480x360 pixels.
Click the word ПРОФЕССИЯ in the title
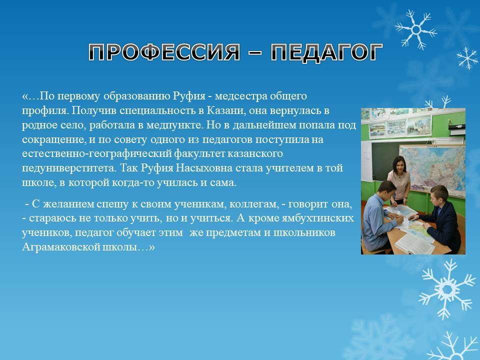point(164,52)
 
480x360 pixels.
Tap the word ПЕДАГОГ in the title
point(327,52)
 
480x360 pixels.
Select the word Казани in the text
point(226,110)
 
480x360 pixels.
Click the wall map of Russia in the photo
point(432,169)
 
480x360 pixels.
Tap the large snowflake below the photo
point(447,289)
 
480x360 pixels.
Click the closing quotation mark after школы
point(152,247)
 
